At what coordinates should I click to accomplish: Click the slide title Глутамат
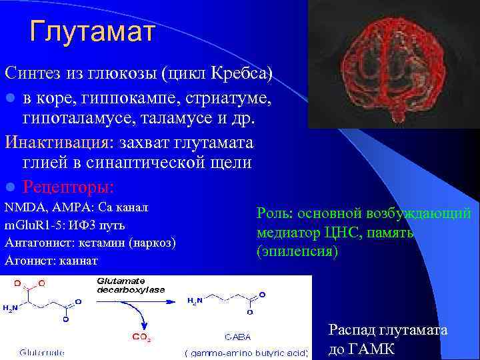tap(92, 31)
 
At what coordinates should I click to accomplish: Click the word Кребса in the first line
tap(241, 72)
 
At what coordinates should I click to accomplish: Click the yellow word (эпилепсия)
tap(297, 252)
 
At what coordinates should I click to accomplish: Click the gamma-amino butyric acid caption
tap(245, 352)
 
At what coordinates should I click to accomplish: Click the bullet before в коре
tap(9, 99)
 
